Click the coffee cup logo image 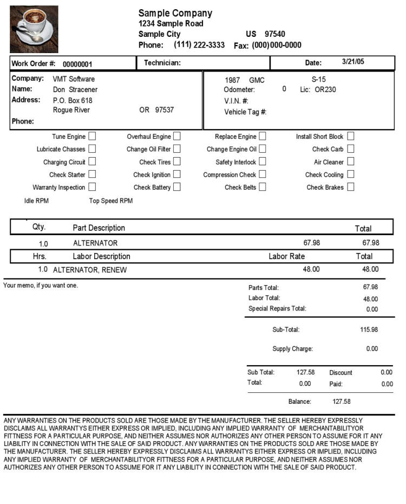(x=34, y=29)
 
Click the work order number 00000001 (x=77, y=64)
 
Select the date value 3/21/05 (x=353, y=62)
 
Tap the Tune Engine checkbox (x=93, y=137)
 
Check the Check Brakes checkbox (x=351, y=188)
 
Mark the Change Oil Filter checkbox (x=177, y=149)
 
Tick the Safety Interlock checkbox (x=263, y=162)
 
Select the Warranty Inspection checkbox (x=93, y=188)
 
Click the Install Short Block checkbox (x=351, y=137)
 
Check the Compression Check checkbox (x=263, y=175)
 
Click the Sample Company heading (x=175, y=13)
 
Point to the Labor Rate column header (x=287, y=256)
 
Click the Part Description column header (x=99, y=228)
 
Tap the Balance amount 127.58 (x=342, y=402)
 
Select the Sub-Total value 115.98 (x=369, y=329)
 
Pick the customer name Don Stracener (x=75, y=89)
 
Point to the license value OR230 (x=325, y=89)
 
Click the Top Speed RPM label (x=111, y=201)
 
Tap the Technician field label (x=162, y=63)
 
